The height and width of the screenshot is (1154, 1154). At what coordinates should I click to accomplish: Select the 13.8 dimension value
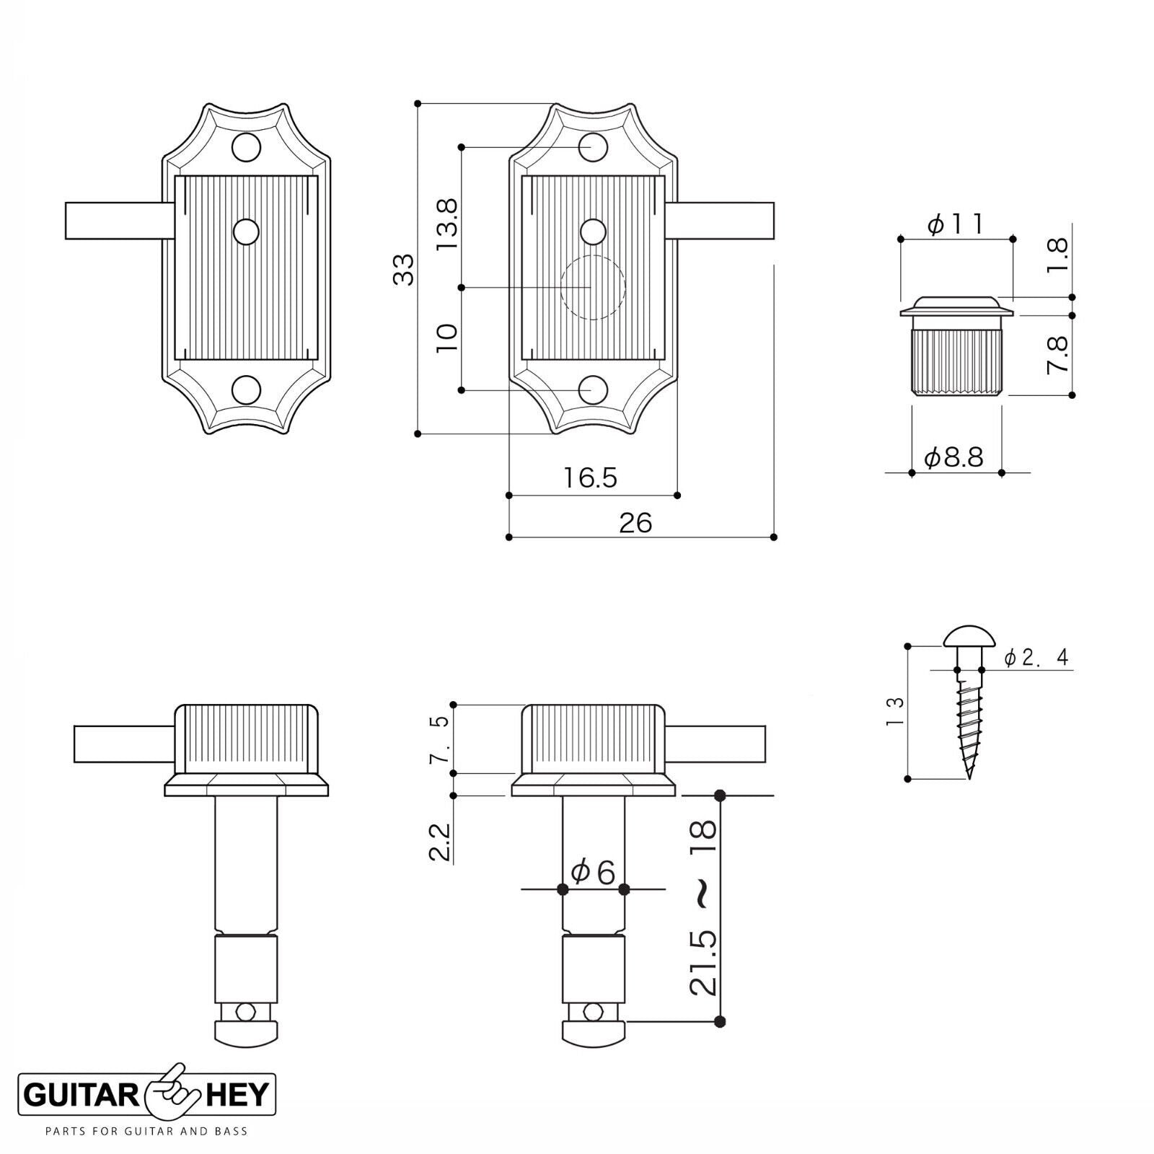click(x=446, y=225)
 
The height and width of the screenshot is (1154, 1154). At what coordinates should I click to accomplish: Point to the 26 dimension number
click(x=635, y=522)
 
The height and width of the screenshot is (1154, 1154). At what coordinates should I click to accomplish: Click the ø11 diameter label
click(x=955, y=225)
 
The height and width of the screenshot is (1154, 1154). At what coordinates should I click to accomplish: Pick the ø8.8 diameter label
click(x=954, y=457)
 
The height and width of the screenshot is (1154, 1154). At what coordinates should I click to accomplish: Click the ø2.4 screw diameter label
click(x=1036, y=657)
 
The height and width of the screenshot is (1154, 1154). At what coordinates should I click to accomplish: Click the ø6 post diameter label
click(x=593, y=873)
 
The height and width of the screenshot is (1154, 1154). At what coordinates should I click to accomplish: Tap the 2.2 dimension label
click(x=440, y=842)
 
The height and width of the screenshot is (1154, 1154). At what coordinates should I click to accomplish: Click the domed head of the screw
click(x=969, y=636)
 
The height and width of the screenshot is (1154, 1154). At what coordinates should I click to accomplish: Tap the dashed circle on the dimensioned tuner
click(x=593, y=288)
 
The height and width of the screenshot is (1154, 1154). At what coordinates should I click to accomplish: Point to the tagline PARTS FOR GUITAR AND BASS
click(x=146, y=1131)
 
